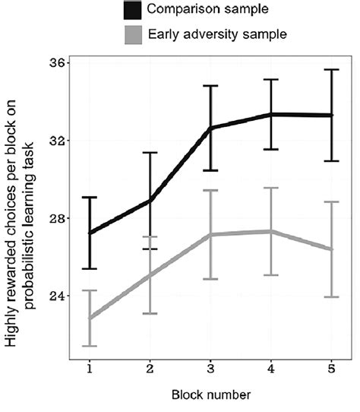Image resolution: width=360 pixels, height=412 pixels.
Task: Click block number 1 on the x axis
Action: click(x=90, y=366)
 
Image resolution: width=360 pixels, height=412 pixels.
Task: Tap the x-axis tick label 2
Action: click(x=150, y=366)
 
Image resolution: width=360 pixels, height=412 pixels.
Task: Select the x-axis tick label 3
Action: click(x=210, y=366)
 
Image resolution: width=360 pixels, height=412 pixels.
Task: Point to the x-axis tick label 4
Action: click(x=270, y=366)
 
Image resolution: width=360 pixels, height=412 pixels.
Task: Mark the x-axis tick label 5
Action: click(x=331, y=366)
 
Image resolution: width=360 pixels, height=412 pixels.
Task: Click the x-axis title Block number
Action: click(x=210, y=395)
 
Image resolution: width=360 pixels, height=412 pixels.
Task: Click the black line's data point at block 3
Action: click(x=210, y=128)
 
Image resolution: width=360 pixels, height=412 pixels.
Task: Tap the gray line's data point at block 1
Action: click(x=90, y=318)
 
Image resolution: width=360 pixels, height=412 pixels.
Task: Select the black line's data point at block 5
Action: click(x=331, y=115)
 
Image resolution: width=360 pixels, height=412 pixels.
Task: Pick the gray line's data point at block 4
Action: click(x=270, y=231)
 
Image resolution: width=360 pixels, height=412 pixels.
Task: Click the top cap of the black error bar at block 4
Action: click(x=270, y=79)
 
